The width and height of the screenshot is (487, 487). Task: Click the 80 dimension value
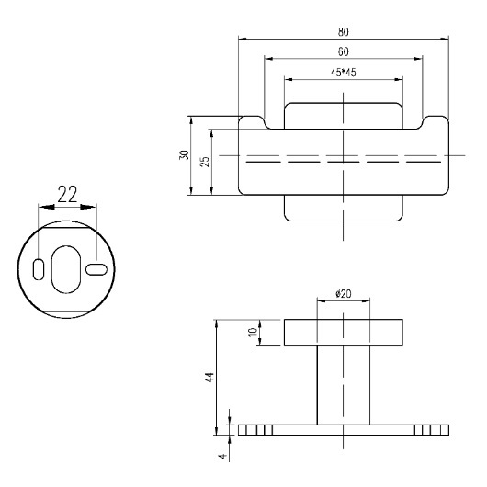tap(344, 32)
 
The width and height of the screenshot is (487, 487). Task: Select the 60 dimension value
tap(344, 51)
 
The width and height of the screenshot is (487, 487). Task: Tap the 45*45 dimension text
tap(344, 73)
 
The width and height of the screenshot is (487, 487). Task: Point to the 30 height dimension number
tap(184, 155)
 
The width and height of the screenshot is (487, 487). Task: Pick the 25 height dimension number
tap(205, 162)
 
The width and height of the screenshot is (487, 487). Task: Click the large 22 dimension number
tap(67, 195)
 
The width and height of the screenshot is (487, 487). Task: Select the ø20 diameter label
tap(344, 293)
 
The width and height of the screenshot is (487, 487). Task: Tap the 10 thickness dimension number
tap(253, 333)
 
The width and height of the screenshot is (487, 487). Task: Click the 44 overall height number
tap(210, 377)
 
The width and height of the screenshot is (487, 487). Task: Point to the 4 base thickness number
tap(222, 457)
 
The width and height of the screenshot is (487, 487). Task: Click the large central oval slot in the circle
tap(66, 269)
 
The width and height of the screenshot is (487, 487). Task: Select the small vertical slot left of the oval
tap(39, 269)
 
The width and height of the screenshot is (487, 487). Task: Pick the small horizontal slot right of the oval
tap(96, 269)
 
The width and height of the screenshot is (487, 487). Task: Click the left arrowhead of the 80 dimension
tap(243, 39)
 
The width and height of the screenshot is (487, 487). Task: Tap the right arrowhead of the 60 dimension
tap(419, 59)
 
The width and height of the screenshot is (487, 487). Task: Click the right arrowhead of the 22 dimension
tap(88, 207)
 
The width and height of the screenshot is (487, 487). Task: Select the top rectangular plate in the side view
tap(344, 333)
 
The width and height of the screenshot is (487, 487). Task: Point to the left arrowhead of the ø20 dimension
tap(322, 300)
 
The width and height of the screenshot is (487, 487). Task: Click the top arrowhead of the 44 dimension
tap(217, 323)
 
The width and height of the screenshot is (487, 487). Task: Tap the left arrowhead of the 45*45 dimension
tap(289, 80)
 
